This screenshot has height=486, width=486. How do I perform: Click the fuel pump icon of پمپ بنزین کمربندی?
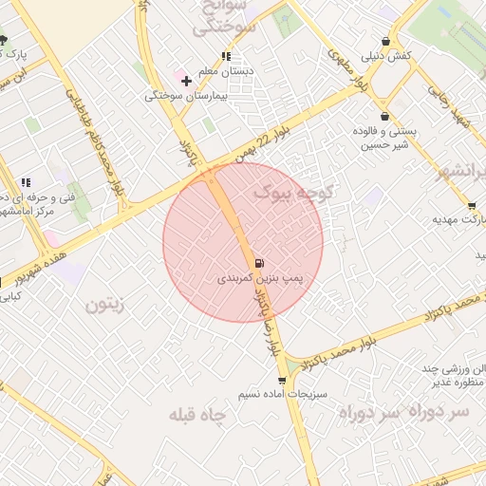[x=260, y=263]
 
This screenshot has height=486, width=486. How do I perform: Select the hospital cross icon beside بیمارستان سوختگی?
[x=186, y=81]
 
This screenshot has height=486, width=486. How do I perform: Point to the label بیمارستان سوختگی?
[x=184, y=96]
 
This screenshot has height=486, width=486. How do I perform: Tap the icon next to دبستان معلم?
[x=226, y=56]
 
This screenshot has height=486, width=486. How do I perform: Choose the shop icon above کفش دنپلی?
[x=385, y=41]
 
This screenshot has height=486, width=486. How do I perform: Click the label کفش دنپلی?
[x=386, y=57]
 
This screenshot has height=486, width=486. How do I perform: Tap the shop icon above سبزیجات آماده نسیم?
[x=282, y=380]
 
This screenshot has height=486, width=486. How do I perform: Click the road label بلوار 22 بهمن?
[x=242, y=151]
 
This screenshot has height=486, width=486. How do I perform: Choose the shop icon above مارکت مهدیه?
[x=472, y=206]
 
